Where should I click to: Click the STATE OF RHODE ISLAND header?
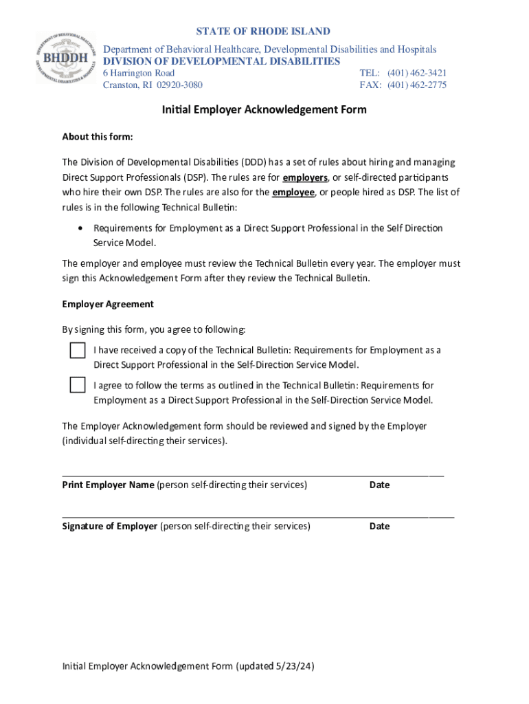(x=263, y=32)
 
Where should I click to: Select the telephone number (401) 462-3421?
(x=416, y=73)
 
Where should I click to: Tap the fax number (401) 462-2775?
(x=416, y=85)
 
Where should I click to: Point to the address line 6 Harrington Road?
(x=139, y=73)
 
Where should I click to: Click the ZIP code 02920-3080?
(x=179, y=85)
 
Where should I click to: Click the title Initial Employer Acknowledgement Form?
(x=264, y=109)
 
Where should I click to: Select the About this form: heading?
(x=98, y=136)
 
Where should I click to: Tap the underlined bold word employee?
(x=293, y=192)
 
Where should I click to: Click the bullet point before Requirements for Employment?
(x=82, y=228)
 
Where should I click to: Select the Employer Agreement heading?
(x=108, y=304)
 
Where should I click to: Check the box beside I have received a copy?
(x=78, y=350)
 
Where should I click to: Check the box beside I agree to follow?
(x=78, y=385)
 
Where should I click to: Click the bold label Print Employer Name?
(x=108, y=485)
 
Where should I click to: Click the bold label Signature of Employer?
(x=110, y=526)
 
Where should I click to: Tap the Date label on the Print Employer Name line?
(x=379, y=485)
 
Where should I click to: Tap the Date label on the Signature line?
(x=379, y=526)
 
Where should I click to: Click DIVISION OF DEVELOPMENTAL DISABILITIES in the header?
(x=221, y=61)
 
